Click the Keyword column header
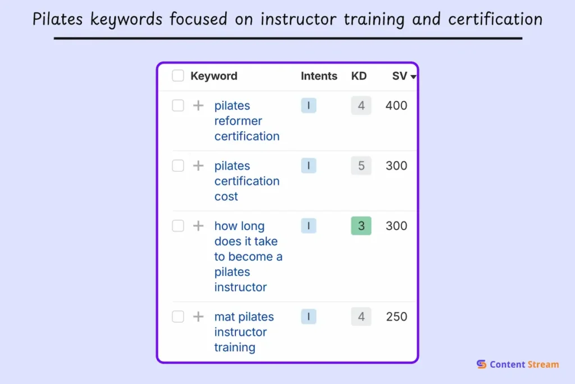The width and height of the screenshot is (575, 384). coord(213,76)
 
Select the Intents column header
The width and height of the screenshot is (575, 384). coord(319,76)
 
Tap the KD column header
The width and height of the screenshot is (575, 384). coord(359,76)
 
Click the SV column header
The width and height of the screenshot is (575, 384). coord(399,76)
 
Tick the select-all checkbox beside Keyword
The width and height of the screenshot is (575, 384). coord(178,76)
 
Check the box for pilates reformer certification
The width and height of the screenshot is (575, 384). coord(178,106)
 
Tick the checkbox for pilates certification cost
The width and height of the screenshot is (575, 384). coord(178,166)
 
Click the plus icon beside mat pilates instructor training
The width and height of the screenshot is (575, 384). coord(198,317)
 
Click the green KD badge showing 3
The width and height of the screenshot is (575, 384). coord(361,226)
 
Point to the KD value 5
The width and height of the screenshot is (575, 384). coord(361,166)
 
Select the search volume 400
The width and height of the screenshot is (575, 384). coord(396,106)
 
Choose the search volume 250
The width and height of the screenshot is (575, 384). coord(396,317)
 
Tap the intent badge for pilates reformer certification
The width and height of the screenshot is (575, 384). coord(308,106)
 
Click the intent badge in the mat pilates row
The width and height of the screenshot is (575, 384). coord(308,317)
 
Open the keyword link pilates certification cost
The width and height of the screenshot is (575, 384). coord(247,181)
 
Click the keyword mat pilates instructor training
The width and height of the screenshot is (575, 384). coord(244,332)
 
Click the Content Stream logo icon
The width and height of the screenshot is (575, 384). coord(481,364)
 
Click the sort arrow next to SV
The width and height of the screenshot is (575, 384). coord(414,77)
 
